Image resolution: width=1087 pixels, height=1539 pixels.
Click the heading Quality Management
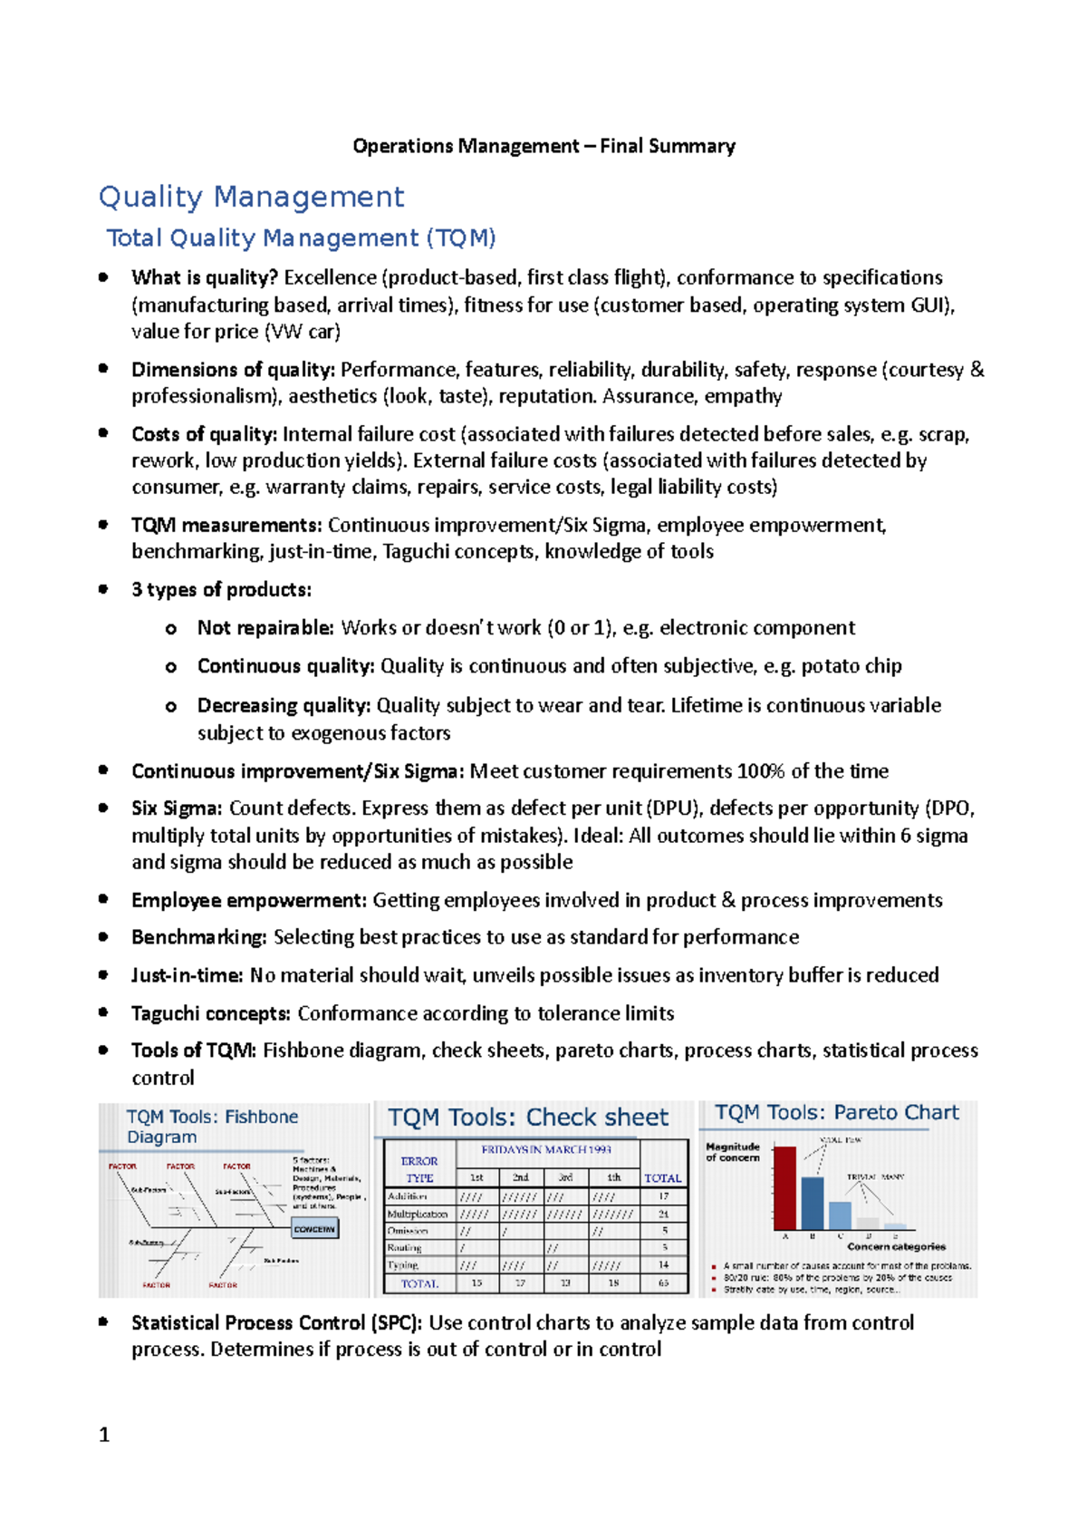coord(251,197)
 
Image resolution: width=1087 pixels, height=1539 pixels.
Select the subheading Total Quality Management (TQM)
coord(301,238)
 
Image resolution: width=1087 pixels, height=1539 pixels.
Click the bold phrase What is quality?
coord(205,277)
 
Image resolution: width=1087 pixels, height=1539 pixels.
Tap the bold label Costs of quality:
coord(205,434)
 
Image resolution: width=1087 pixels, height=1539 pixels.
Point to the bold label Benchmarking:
coord(199,937)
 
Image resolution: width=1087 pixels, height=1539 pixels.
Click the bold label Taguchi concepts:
coord(211,1013)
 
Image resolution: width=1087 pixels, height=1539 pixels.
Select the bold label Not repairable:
coord(265,628)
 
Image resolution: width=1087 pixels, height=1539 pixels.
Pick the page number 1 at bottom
coord(104,1434)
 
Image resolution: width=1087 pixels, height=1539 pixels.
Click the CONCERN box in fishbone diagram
coord(314,1229)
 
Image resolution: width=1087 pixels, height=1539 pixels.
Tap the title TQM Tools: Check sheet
coord(528,1118)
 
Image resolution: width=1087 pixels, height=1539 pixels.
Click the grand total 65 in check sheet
coord(664,1283)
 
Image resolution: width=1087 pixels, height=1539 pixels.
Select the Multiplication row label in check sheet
coord(418,1214)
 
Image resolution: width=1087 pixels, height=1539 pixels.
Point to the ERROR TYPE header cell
coord(419,1169)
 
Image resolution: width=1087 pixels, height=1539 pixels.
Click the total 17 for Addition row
coord(664,1196)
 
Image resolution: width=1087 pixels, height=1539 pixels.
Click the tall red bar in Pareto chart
coord(784,1187)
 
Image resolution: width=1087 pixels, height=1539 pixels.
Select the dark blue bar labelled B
coord(813,1203)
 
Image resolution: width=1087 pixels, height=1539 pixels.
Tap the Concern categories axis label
coord(896,1247)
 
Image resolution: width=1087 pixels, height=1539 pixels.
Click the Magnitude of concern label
coord(732,1152)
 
